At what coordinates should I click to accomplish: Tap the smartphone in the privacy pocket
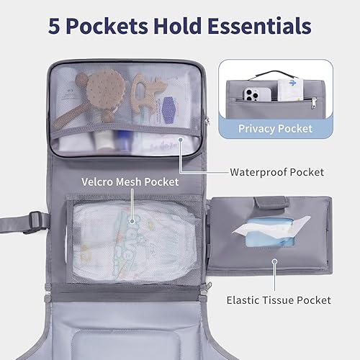tap(248, 94)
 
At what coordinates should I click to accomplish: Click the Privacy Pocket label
tap(276, 128)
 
